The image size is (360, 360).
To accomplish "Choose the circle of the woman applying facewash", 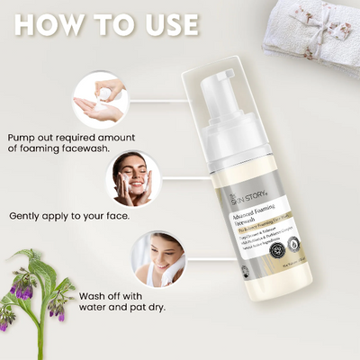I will [134, 178].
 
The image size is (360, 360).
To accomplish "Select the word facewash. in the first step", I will [106, 150].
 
